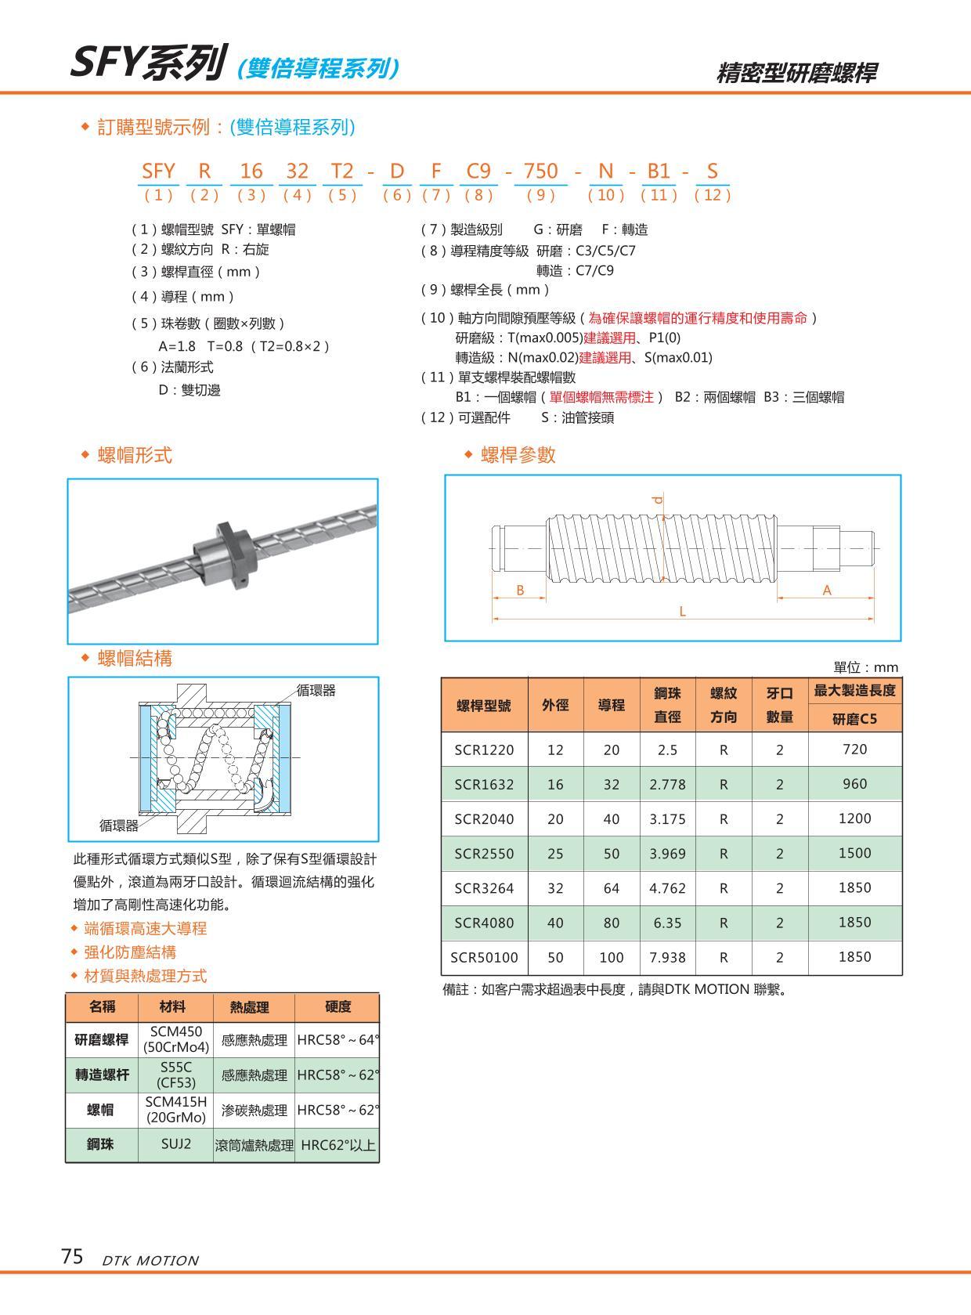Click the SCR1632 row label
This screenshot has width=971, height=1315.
point(484,784)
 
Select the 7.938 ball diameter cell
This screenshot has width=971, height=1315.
point(667,957)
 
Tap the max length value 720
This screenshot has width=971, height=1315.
point(854,750)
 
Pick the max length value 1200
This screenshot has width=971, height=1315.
point(854,818)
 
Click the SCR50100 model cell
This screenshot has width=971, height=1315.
point(484,957)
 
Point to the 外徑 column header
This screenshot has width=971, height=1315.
point(555,705)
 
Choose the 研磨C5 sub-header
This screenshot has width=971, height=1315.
point(854,718)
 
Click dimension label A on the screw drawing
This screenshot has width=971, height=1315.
point(827,591)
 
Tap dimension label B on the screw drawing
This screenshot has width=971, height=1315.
point(520,591)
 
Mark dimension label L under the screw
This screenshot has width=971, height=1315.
point(682,612)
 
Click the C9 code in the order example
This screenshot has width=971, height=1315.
point(478,171)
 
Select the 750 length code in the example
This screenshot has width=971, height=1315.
point(540,171)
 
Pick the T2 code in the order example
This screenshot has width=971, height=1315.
point(343,171)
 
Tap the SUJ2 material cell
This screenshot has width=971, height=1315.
point(176,1143)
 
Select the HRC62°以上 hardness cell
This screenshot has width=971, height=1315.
point(338,1144)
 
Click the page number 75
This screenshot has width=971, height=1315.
point(72,1257)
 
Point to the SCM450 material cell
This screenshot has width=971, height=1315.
point(176,1039)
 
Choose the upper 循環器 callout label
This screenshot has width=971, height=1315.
point(316,690)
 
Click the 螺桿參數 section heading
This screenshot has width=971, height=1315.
point(518,455)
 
